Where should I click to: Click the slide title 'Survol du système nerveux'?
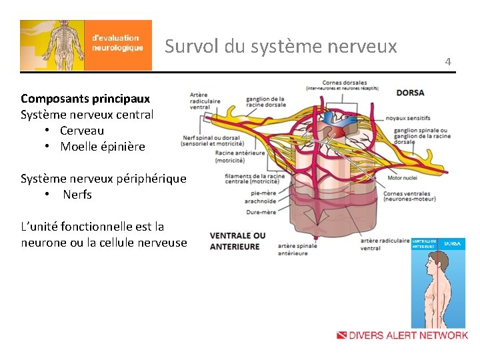(x=281, y=46)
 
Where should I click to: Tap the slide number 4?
(x=448, y=62)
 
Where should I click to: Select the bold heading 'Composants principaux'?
(x=85, y=99)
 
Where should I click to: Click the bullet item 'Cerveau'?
(x=82, y=131)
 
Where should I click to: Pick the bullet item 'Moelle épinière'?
(x=102, y=147)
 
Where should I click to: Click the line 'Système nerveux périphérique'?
(x=103, y=179)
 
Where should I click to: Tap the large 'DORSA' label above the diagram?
(x=411, y=93)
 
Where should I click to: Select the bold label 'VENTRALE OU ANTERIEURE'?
(x=237, y=241)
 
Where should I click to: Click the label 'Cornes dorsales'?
(x=345, y=83)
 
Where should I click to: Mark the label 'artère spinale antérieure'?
(x=297, y=249)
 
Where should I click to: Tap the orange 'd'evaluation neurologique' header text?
(x=117, y=43)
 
